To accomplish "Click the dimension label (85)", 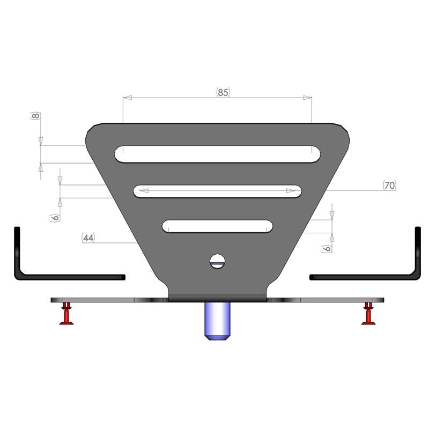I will (x=223, y=92).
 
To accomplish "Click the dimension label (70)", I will (x=389, y=186).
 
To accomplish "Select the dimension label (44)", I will (x=88, y=238).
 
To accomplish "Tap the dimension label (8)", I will (x=35, y=116).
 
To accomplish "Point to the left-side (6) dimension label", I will (x=55, y=217).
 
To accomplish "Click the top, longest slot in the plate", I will (x=217, y=154).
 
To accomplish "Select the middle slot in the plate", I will (x=217, y=191).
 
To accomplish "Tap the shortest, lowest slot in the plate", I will (x=217, y=226).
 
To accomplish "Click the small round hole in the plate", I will (x=217, y=261).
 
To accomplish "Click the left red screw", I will (x=66, y=314).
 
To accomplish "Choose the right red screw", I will (x=368, y=314).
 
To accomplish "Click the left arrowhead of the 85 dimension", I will (x=127, y=98).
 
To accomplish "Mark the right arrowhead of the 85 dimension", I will (x=307, y=98).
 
